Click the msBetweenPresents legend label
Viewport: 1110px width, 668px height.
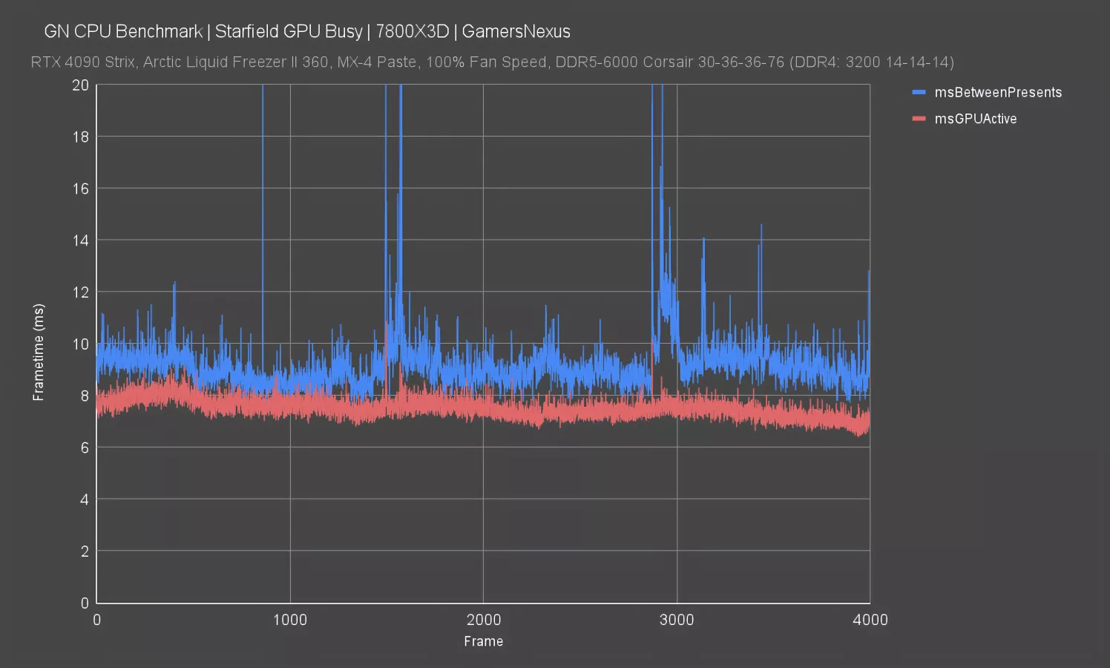coord(998,93)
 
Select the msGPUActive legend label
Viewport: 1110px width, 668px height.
coord(975,119)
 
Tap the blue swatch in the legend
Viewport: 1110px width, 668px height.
coord(919,93)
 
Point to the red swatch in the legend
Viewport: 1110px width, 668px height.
coord(919,119)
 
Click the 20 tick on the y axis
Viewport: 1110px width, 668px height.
coord(80,85)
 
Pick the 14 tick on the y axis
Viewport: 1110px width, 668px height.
coord(80,240)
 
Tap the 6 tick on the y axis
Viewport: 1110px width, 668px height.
coord(84,448)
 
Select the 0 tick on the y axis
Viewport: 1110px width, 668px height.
coord(84,603)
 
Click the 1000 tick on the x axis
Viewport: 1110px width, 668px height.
coord(290,620)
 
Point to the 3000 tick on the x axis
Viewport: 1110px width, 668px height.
coord(677,620)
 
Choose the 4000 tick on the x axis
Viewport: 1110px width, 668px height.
coord(870,620)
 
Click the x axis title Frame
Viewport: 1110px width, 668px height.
coord(483,641)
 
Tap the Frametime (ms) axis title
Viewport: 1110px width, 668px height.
coord(39,352)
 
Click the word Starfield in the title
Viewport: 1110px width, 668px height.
coord(247,31)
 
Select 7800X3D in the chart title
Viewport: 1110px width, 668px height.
coord(412,31)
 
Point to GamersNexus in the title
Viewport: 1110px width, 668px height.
coord(516,31)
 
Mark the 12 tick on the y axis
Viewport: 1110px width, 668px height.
coord(80,292)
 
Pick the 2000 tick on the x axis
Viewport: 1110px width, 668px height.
coord(483,620)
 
